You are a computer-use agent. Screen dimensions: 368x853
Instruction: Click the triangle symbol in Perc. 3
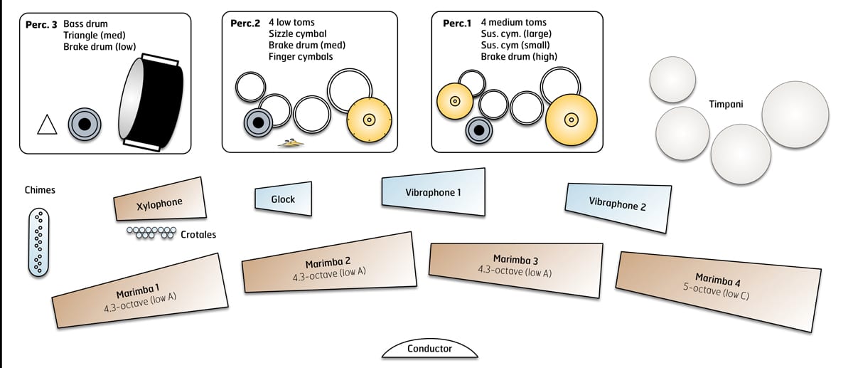point(47,125)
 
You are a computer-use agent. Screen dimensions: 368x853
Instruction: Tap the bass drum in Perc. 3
point(153,103)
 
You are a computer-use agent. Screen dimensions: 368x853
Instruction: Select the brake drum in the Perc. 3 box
point(84,124)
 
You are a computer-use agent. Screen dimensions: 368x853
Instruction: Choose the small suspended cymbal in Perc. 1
point(455,101)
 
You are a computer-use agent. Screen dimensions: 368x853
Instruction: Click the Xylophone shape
point(160,201)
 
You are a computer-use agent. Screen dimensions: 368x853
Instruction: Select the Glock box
point(283,200)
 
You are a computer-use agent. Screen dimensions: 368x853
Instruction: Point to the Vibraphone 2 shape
point(617,205)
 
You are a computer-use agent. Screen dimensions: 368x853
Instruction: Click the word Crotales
point(198,234)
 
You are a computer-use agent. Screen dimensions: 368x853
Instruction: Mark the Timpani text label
point(726,104)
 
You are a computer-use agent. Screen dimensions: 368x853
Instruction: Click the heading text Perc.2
point(245,23)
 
